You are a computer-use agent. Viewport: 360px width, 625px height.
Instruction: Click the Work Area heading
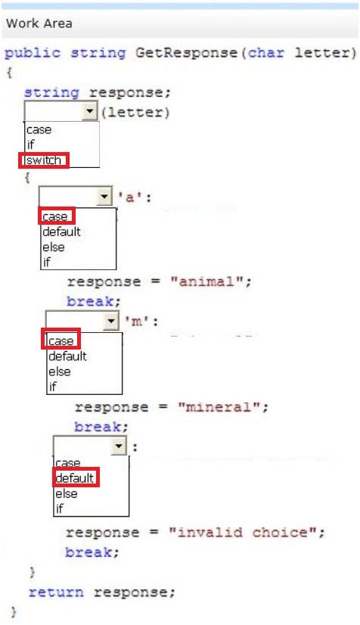coord(39,23)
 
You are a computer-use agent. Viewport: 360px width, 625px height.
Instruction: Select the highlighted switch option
coord(44,160)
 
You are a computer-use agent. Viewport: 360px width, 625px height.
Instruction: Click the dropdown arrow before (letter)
coord(90,111)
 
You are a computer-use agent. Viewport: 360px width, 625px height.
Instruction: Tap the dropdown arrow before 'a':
coord(104,197)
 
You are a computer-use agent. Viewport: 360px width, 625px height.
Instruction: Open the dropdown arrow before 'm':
coord(111,321)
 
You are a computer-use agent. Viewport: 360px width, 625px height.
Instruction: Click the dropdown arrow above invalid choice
coord(119,446)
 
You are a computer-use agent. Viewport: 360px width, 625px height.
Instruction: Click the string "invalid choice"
coord(243,532)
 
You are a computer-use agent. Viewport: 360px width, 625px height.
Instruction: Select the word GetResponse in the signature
coord(186,53)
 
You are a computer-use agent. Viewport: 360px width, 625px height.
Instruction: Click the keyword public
coord(33,54)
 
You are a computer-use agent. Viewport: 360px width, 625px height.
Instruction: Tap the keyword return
coord(56,592)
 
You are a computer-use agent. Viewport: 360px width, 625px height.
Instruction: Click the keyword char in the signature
coord(266,53)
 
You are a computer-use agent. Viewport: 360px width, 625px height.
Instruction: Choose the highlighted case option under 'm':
coord(61,341)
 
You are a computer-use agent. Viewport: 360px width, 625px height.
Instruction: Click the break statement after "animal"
coord(93,301)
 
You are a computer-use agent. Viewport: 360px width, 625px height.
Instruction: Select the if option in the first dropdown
coord(31,145)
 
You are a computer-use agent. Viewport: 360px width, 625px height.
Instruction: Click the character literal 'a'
coord(130,197)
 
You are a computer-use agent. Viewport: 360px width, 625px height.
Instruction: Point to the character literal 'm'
coord(137,322)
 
